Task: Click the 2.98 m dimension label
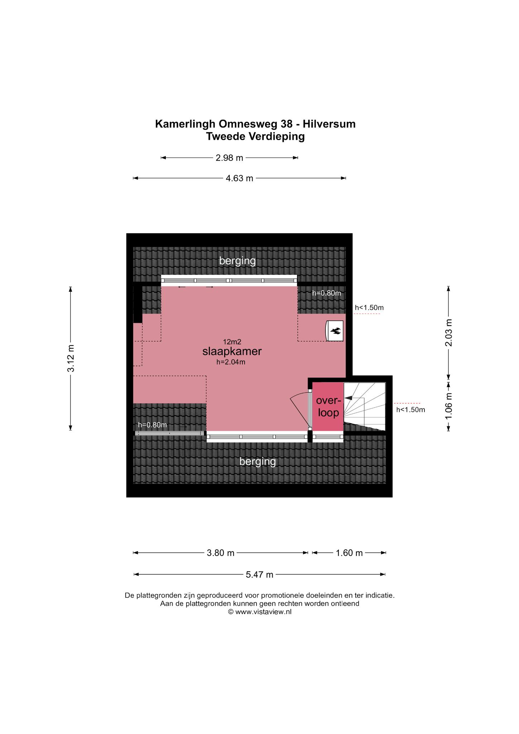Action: coord(229,158)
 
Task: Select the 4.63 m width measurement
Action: coord(239,178)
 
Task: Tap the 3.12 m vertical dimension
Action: coord(71,358)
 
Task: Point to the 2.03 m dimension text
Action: coord(448,333)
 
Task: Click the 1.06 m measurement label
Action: coord(448,406)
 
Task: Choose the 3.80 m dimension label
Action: coord(221,553)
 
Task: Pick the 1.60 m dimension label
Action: coord(349,553)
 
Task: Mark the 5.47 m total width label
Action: coord(260,575)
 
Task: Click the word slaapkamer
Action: coord(232,352)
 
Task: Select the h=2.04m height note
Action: coord(231,362)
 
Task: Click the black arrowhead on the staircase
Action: coord(348,398)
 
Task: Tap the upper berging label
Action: coord(237,261)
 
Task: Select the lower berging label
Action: coord(258,462)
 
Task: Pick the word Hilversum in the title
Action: coord(329,124)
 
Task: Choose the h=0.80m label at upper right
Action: coord(326,293)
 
